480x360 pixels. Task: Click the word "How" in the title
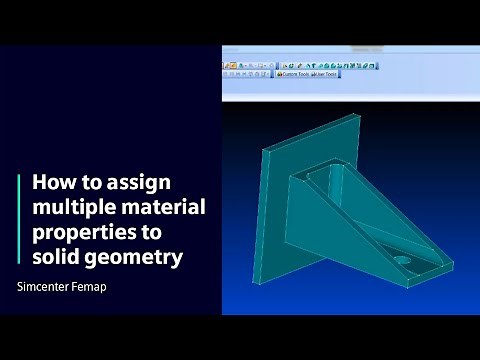pyautogui.click(x=52, y=184)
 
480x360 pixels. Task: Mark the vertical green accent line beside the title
pyautogui.click(x=19, y=221)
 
